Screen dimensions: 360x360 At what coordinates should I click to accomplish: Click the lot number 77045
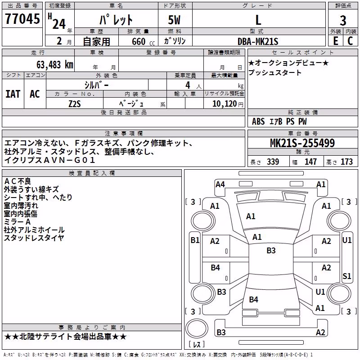point(22,19)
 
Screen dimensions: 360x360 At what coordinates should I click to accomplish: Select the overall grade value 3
point(343,21)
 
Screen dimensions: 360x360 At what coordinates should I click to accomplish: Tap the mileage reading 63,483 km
point(54,65)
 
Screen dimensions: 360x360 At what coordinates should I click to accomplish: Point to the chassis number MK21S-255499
point(302,143)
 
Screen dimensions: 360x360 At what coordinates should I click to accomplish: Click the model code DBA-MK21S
point(258,41)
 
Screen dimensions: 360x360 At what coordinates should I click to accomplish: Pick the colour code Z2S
point(75,104)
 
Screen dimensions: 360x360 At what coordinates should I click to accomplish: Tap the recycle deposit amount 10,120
point(225,104)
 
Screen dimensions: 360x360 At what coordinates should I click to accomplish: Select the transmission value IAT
point(13,94)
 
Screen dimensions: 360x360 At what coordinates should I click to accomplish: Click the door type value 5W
point(174,20)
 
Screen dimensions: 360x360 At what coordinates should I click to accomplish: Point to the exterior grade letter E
point(335,41)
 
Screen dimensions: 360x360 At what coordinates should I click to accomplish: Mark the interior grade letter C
point(350,41)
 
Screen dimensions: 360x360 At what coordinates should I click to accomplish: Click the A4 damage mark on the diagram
point(220,184)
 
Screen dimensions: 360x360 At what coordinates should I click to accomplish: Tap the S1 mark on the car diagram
point(346,276)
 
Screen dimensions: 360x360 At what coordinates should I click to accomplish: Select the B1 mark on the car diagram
point(195,240)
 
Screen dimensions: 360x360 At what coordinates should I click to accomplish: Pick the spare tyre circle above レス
point(197,328)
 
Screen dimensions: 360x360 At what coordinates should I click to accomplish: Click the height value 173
point(346,162)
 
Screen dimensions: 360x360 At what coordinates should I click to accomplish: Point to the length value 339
point(273,162)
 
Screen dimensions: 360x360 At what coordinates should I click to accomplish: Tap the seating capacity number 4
point(188,85)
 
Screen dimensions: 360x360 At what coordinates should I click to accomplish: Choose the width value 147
point(310,162)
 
